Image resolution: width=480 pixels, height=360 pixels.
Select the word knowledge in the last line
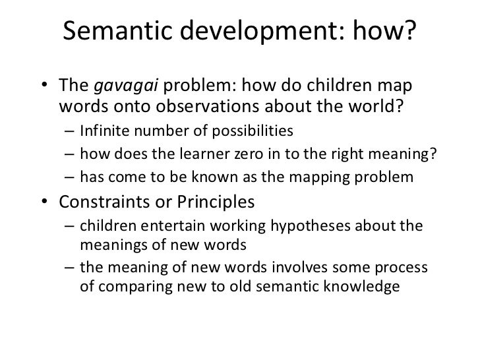[x=357, y=287]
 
